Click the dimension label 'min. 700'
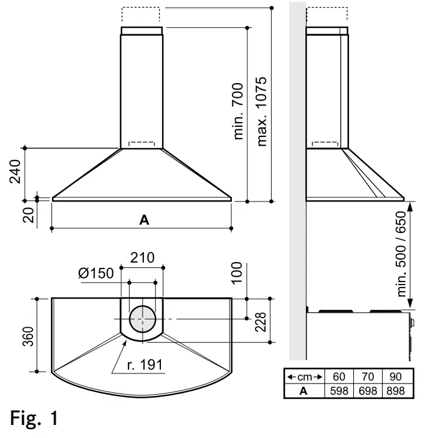click(238, 111)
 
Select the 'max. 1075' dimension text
click(263, 111)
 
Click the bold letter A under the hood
click(144, 219)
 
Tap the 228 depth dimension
click(261, 321)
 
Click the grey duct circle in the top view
click(142, 319)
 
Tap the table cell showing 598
click(340, 391)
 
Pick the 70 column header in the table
click(367, 377)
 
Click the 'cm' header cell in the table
click(304, 377)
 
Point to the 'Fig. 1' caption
click(34, 418)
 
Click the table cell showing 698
click(367, 391)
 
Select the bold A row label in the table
click(304, 391)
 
